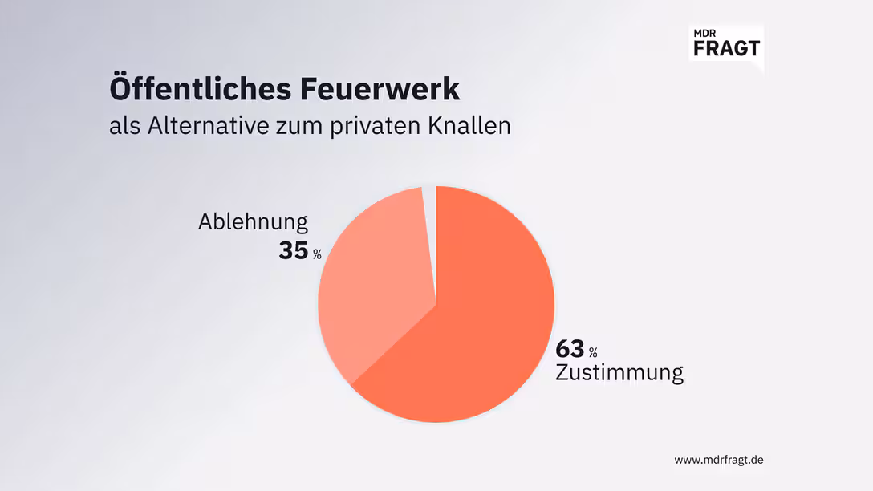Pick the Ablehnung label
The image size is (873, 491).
coord(253,222)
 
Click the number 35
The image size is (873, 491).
coord(293,250)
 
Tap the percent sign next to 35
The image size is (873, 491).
coord(317,254)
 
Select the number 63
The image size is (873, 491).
coord(570,349)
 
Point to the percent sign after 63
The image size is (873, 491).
coord(593,353)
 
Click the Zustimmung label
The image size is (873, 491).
coord(619,373)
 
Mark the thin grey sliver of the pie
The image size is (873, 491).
coord(429,201)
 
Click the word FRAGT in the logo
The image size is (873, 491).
coord(725,47)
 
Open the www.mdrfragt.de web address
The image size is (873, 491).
coord(718,460)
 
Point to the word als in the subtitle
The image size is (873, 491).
coord(124,127)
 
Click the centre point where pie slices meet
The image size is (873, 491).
coord(436,304)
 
